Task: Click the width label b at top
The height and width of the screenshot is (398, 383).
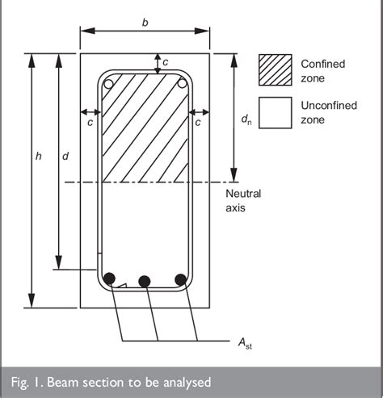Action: pyautogui.click(x=145, y=23)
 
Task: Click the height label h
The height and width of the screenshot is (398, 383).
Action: pyautogui.click(x=38, y=157)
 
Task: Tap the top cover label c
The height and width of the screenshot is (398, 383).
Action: pyautogui.click(x=166, y=62)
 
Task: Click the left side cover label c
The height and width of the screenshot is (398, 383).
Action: pyautogui.click(x=90, y=121)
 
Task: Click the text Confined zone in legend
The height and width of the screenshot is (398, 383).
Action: pyautogui.click(x=323, y=70)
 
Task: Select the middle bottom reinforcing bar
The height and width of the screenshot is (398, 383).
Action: pyautogui.click(x=145, y=281)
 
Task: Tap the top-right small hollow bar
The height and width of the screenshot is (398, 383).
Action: pyautogui.click(x=183, y=82)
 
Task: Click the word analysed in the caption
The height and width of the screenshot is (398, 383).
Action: pyautogui.click(x=184, y=381)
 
